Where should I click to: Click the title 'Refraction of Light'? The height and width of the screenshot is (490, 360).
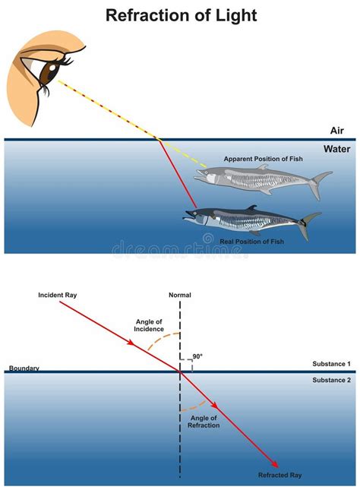pyautogui.click(x=181, y=15)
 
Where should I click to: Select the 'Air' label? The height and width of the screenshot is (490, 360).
pyautogui.click(x=337, y=131)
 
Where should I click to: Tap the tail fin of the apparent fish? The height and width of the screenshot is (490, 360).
pyautogui.click(x=321, y=183)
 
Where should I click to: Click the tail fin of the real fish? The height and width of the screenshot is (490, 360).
pyautogui.click(x=310, y=223)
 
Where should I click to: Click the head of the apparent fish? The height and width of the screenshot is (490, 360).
pyautogui.click(x=207, y=175)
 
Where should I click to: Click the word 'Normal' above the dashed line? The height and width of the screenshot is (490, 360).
pyautogui.click(x=180, y=295)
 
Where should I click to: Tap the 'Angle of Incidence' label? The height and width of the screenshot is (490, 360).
pyautogui.click(x=150, y=324)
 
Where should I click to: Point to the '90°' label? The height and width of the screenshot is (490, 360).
pyautogui.click(x=197, y=356)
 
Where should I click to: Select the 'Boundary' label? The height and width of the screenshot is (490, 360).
pyautogui.click(x=24, y=368)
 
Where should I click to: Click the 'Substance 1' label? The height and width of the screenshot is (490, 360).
pyautogui.click(x=332, y=364)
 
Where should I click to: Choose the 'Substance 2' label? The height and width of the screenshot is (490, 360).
pyautogui.click(x=332, y=379)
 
